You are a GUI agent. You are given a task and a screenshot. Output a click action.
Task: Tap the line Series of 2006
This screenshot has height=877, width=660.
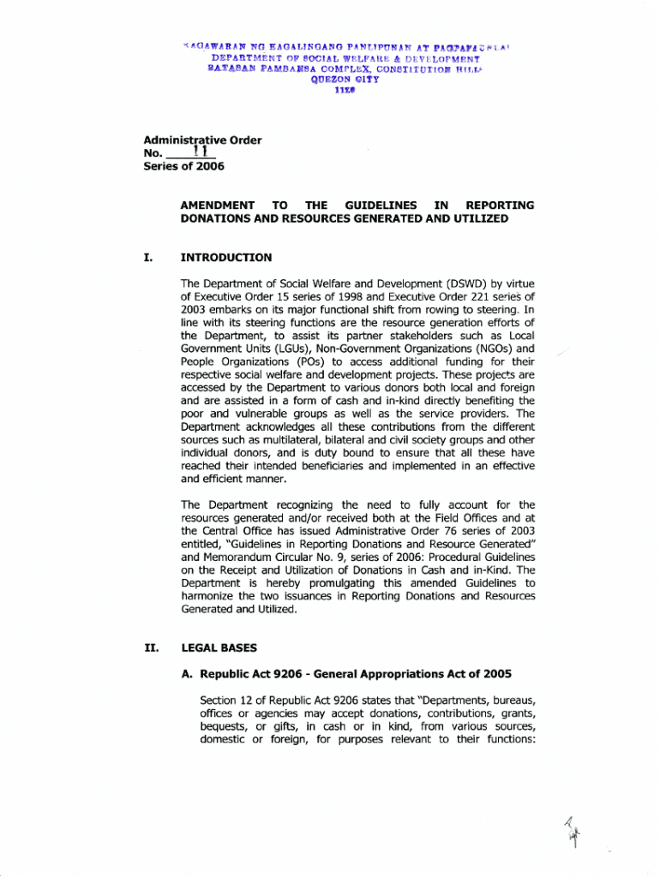click(x=174, y=166)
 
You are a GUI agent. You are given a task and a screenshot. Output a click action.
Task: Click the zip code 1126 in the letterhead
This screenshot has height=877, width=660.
click(x=329, y=87)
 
